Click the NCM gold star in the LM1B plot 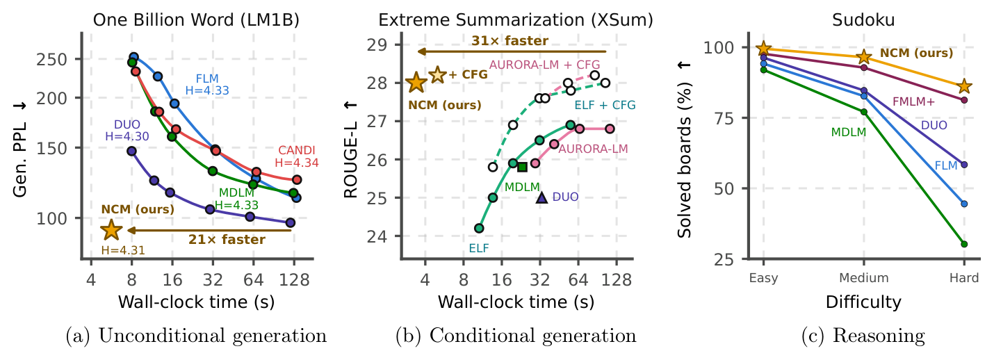click(x=111, y=229)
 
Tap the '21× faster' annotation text click(x=227, y=240)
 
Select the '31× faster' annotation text click(x=510, y=41)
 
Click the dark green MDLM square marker click(x=522, y=167)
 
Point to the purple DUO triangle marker click(x=541, y=197)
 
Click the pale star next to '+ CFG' click(x=437, y=75)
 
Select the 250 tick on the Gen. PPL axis click(x=51, y=60)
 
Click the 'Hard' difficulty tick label click(x=964, y=278)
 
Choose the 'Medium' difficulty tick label click(x=863, y=278)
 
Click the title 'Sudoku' click(x=863, y=20)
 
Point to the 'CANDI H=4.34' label click(x=296, y=156)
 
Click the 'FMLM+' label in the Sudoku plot click(x=913, y=101)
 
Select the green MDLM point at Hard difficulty click(x=964, y=244)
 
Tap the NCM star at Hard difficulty click(x=964, y=87)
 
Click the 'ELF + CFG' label click(x=605, y=105)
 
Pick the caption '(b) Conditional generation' click(x=516, y=336)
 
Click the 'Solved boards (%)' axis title click(x=685, y=161)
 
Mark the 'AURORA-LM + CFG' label click(x=544, y=65)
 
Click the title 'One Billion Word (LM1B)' click(x=196, y=20)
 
